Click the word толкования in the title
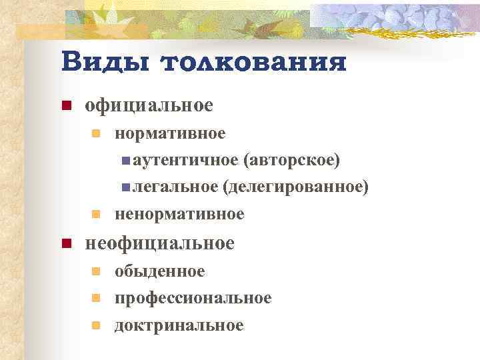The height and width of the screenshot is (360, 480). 254,63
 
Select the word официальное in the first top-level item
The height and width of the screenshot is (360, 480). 149,105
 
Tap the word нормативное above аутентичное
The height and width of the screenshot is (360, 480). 170,133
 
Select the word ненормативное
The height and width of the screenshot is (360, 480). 179,214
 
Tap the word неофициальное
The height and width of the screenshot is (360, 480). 159,243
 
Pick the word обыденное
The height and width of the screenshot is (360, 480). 160,271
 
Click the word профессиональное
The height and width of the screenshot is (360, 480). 193,297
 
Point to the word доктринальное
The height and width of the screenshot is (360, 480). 179,325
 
